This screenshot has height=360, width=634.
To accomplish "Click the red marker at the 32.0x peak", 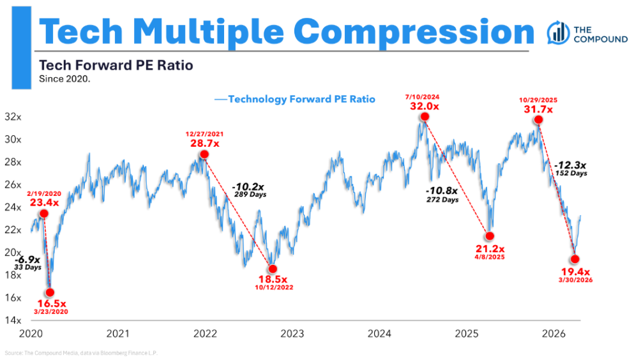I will tap(424, 117).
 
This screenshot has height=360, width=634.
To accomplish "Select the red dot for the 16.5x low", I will tap(50, 292).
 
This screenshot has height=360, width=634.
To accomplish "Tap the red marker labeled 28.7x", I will tap(204, 154).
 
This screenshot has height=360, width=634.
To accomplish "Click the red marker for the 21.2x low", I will tap(490, 237).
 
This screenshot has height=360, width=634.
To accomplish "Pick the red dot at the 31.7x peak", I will tap(539, 120).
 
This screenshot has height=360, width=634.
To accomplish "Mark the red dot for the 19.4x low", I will tap(575, 259).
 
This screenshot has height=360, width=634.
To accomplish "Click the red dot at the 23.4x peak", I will tap(43, 214).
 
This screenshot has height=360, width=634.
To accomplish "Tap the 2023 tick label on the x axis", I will tap(292, 333).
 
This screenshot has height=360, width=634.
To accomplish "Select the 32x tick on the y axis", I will tap(13, 117).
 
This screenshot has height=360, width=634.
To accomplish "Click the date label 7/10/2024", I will tap(423, 96).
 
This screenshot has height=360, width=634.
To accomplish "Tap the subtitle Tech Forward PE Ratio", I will tap(116, 65).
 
